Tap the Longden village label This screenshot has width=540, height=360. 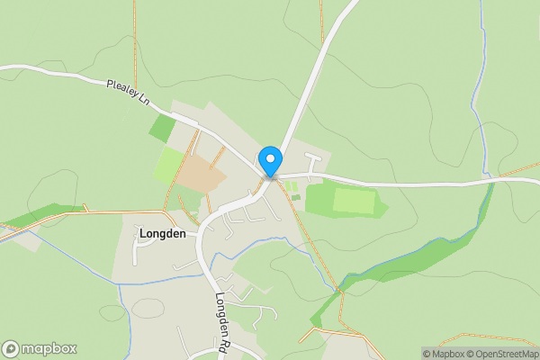pyautogui.click(x=162, y=234)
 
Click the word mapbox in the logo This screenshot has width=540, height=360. pyautogui.click(x=49, y=349)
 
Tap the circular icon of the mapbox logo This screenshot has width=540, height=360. pyautogui.click(x=11, y=349)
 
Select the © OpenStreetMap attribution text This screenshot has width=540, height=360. pyautogui.click(x=504, y=354)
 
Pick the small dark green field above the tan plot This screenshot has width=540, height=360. pyautogui.click(x=163, y=129)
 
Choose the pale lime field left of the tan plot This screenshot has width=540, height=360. pyautogui.click(x=169, y=164)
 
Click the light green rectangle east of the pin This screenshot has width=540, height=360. pyautogui.click(x=355, y=200)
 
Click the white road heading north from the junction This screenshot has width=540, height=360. pyautogui.click(x=315, y=72)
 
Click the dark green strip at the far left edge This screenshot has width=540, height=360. pyautogui.click(x=36, y=216)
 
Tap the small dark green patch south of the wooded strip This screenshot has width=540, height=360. pyautogui.click(x=316, y=319)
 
